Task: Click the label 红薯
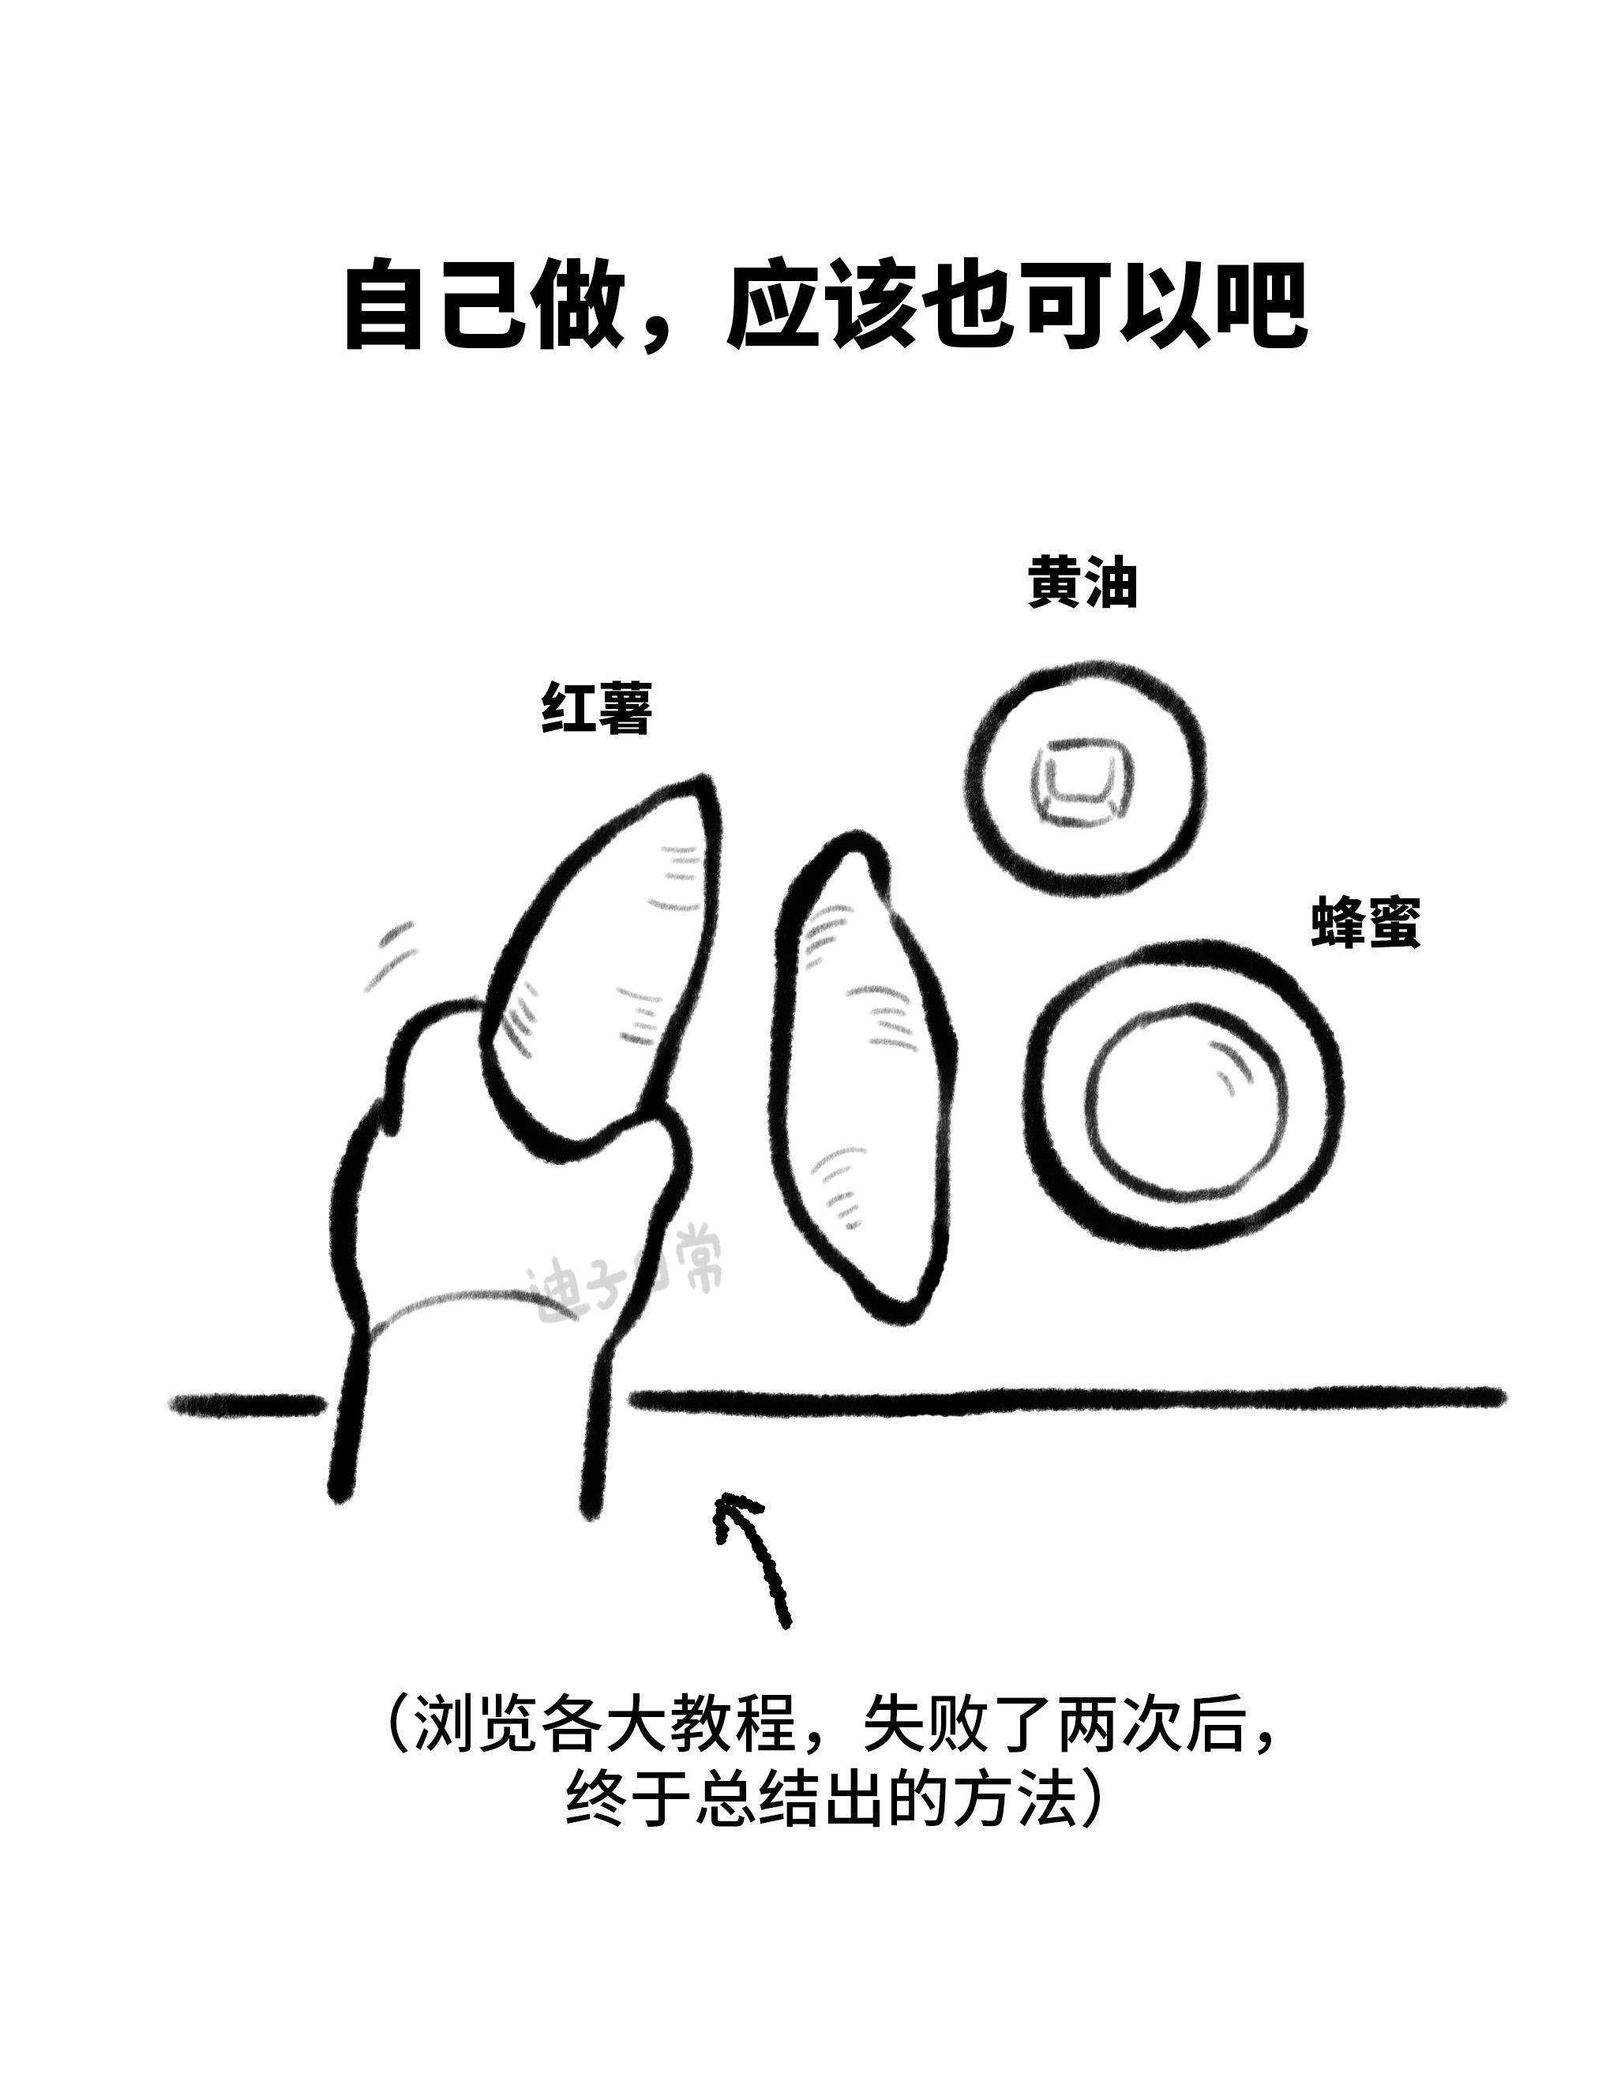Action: (597, 708)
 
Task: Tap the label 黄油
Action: (1082, 582)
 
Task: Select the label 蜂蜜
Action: (1366, 921)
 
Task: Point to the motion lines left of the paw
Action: (392, 958)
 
